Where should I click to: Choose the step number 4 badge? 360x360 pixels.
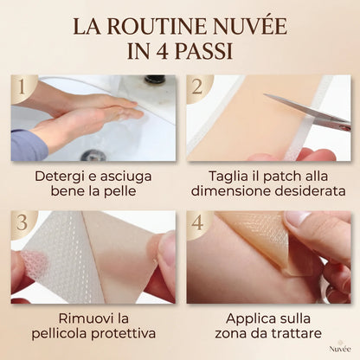tap(197, 222)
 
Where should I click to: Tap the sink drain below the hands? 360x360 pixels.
tap(94, 156)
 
